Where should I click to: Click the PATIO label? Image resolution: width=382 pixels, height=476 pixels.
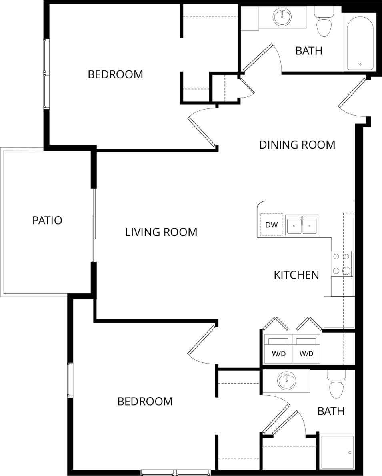(x=47, y=220)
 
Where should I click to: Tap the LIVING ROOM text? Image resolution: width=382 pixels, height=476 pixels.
(x=161, y=232)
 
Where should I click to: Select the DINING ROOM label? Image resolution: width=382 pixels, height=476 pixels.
(x=297, y=145)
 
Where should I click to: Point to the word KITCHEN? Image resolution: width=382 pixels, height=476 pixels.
(x=296, y=275)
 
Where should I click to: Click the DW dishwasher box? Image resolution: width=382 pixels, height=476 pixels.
(x=272, y=225)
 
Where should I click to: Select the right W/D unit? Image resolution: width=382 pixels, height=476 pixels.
(x=306, y=349)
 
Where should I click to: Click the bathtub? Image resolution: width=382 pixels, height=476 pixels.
(x=360, y=43)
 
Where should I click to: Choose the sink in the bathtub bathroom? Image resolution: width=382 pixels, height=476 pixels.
(x=282, y=17)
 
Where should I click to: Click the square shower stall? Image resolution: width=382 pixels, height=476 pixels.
(x=338, y=452)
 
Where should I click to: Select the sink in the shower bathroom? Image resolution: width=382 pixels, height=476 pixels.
(x=286, y=381)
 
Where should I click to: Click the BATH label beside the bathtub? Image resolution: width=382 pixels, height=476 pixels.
(x=309, y=51)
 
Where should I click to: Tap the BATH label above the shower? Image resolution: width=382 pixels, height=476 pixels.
(x=330, y=411)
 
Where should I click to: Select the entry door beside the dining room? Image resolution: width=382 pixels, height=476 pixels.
(x=352, y=93)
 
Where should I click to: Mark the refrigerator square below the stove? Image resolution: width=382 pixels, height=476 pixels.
(x=339, y=312)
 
